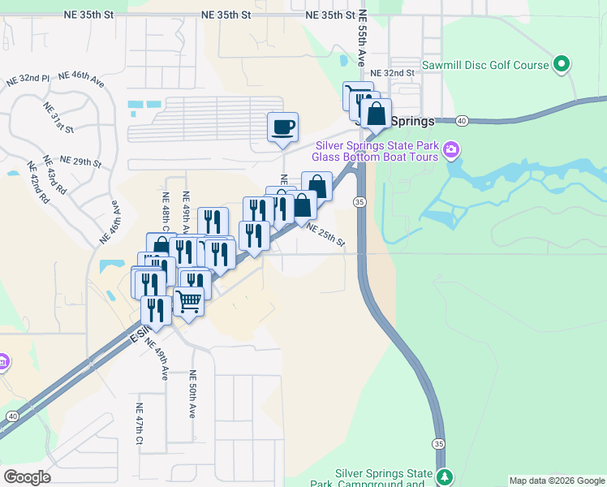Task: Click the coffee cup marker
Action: [282, 127]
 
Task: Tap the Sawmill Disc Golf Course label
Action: [485, 64]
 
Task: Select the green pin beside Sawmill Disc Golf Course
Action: [562, 64]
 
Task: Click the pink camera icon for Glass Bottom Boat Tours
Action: [452, 149]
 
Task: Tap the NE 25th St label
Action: [326, 236]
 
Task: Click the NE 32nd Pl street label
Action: [28, 80]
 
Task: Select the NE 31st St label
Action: [58, 118]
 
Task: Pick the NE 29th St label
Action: [80, 162]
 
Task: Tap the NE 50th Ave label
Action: [193, 394]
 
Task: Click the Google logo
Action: [27, 477]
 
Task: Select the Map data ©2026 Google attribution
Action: [556, 481]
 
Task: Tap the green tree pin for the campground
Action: [444, 476]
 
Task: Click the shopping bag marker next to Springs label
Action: [376, 114]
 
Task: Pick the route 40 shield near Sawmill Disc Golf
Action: [461, 121]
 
